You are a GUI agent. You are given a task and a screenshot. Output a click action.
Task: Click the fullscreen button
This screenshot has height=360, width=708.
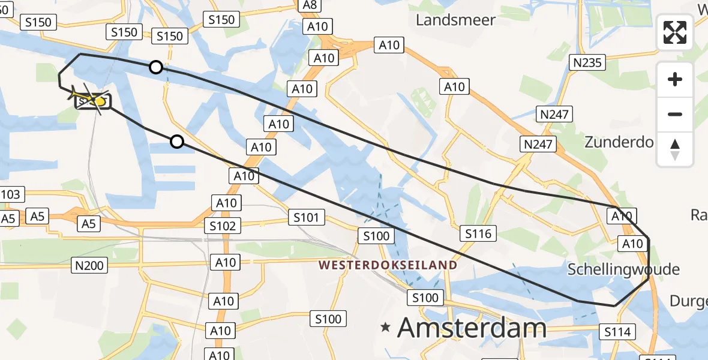point(675,32)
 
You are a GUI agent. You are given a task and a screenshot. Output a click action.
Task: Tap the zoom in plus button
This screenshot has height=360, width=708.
point(675,79)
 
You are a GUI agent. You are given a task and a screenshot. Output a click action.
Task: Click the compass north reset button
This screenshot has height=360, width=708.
point(675,149)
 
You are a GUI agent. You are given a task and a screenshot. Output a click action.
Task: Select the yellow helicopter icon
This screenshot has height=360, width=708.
point(88,98)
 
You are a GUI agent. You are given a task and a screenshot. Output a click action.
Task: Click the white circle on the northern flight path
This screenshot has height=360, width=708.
point(156,67)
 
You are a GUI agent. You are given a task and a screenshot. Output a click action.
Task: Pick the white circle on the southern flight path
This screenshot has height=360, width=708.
point(176,142)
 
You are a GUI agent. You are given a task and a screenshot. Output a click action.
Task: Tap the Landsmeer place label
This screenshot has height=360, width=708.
point(456,20)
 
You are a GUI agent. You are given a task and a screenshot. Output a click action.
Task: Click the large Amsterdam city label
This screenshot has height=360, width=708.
point(472,328)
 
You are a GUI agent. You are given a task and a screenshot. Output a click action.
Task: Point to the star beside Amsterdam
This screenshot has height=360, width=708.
point(386,328)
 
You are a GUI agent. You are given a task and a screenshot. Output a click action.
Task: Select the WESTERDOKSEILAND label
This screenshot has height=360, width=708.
point(388,265)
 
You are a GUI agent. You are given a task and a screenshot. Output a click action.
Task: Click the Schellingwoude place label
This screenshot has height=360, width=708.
point(623,269)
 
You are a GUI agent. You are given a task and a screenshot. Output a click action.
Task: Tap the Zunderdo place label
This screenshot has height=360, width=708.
point(619,142)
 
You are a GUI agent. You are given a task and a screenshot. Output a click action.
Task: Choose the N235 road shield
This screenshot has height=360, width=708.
point(588,62)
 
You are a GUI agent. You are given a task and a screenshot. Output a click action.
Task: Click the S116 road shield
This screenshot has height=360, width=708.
point(478,233)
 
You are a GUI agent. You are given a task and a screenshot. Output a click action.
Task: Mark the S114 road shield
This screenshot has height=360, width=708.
point(617,332)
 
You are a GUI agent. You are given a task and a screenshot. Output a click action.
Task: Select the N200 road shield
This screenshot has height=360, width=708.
point(89,265)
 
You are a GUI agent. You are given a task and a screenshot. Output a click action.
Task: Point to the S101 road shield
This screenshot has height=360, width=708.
point(306,217)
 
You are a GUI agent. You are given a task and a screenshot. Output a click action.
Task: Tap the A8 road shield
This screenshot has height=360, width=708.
point(310,5)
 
